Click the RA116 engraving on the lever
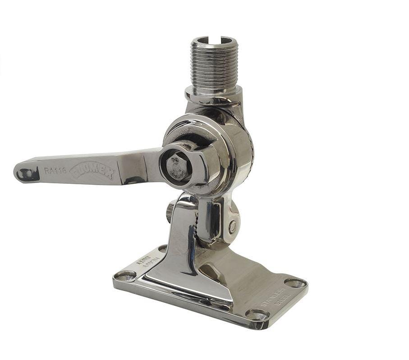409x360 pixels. click(x=55, y=170)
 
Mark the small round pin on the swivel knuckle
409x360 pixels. click(x=232, y=227)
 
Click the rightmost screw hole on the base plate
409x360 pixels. click(x=295, y=283)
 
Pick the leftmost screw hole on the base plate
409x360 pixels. click(x=125, y=275)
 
